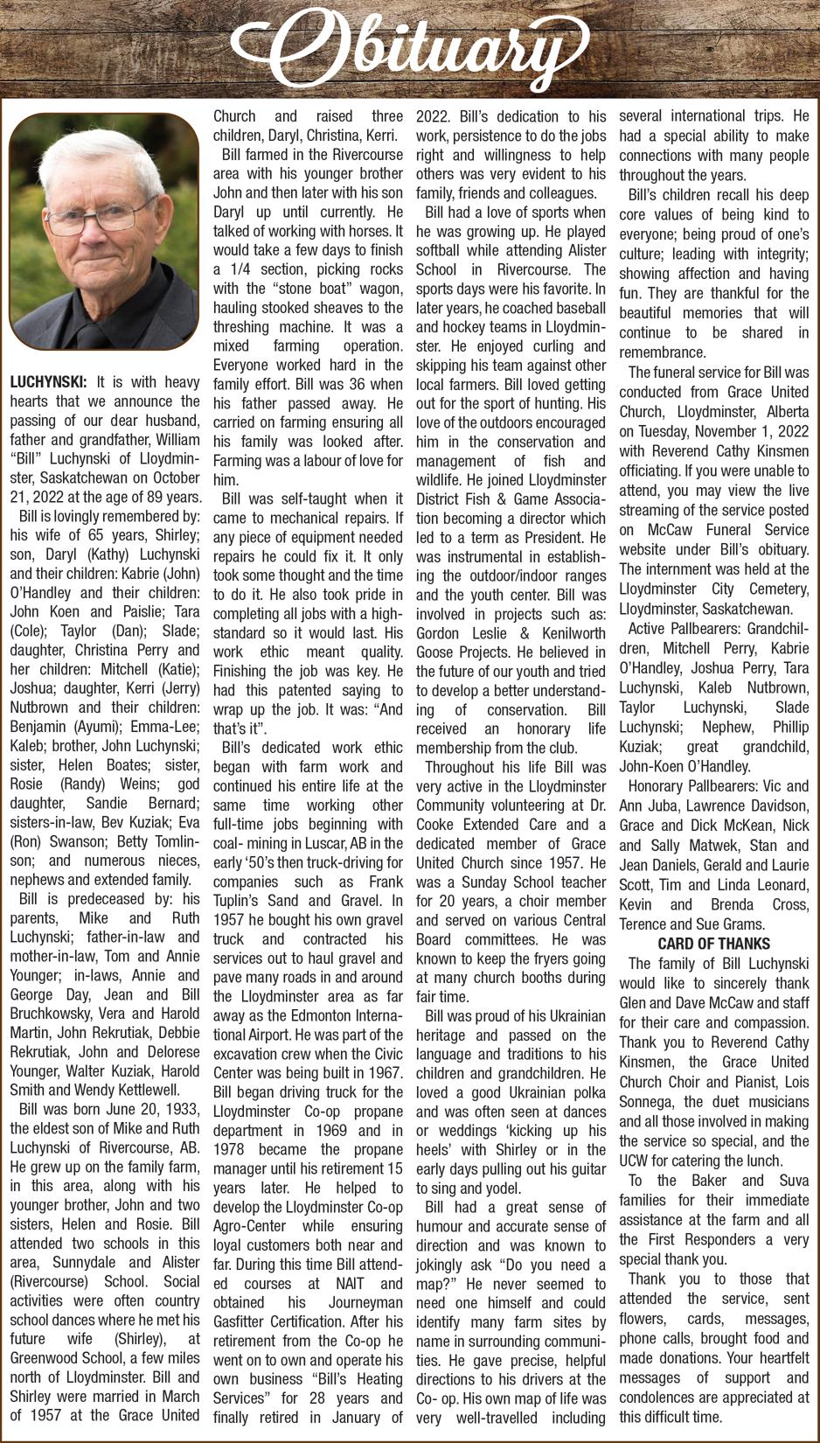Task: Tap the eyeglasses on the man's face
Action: point(101,210)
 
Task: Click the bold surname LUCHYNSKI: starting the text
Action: point(48,382)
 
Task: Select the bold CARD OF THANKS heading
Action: point(713,944)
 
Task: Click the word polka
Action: point(587,1092)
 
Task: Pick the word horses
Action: point(365,231)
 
